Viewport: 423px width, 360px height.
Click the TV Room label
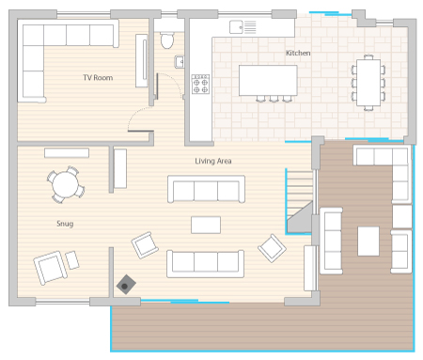click(x=98, y=78)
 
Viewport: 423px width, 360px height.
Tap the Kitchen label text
click(x=298, y=53)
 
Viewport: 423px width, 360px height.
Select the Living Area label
click(x=213, y=161)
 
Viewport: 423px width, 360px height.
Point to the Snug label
click(x=65, y=224)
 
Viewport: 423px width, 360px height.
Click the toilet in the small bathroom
click(x=167, y=39)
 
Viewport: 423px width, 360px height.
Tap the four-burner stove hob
click(x=200, y=84)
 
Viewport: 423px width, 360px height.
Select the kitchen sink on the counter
click(x=243, y=27)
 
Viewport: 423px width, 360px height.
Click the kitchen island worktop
click(x=268, y=80)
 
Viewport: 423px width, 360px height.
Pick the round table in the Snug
click(x=66, y=184)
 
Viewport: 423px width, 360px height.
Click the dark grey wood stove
click(x=126, y=285)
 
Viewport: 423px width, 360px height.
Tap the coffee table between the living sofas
click(x=206, y=225)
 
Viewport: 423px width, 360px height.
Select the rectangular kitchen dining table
click(x=368, y=83)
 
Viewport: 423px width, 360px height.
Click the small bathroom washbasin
click(x=180, y=62)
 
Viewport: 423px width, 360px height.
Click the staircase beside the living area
click(x=300, y=201)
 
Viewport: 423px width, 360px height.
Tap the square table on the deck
click(x=368, y=242)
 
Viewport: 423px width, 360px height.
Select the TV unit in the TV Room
click(x=141, y=60)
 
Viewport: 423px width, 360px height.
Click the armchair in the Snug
click(x=50, y=268)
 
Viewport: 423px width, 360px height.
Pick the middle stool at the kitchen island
click(x=274, y=99)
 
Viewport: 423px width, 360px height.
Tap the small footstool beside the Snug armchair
click(x=72, y=260)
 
